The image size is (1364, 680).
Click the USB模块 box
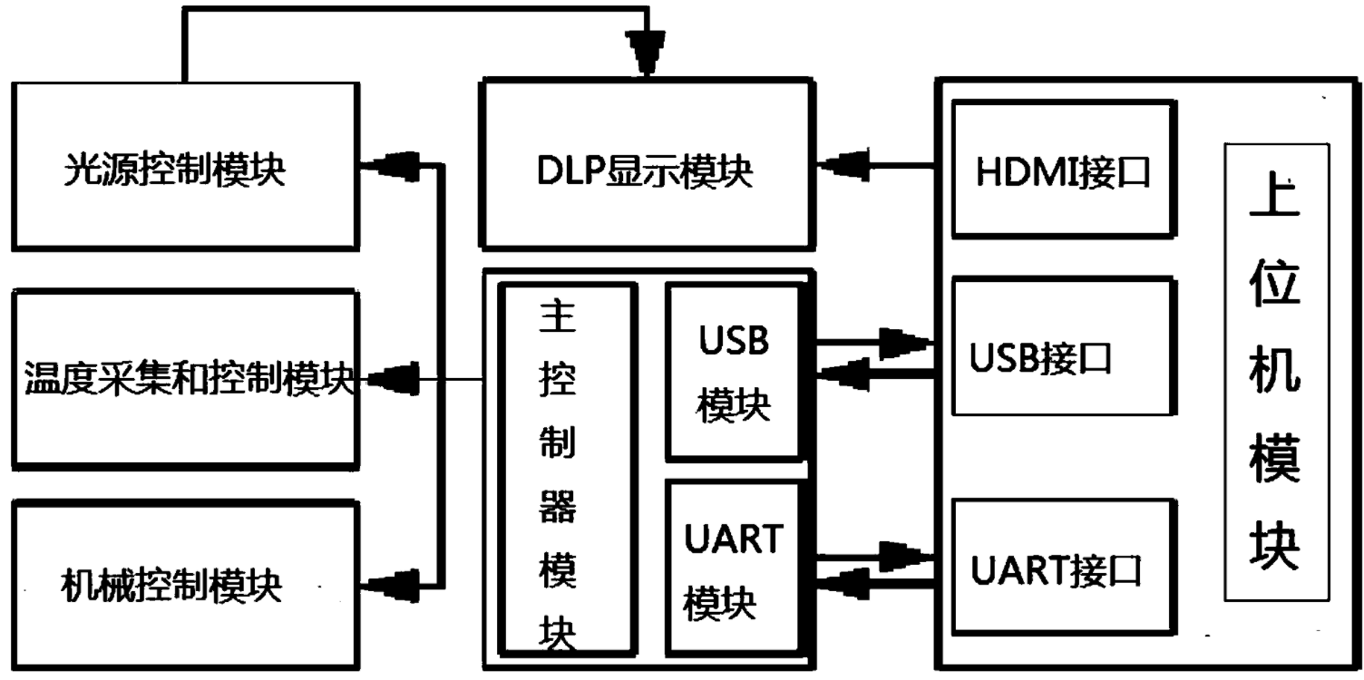click(x=734, y=371)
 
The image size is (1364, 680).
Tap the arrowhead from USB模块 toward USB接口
click(x=908, y=342)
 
